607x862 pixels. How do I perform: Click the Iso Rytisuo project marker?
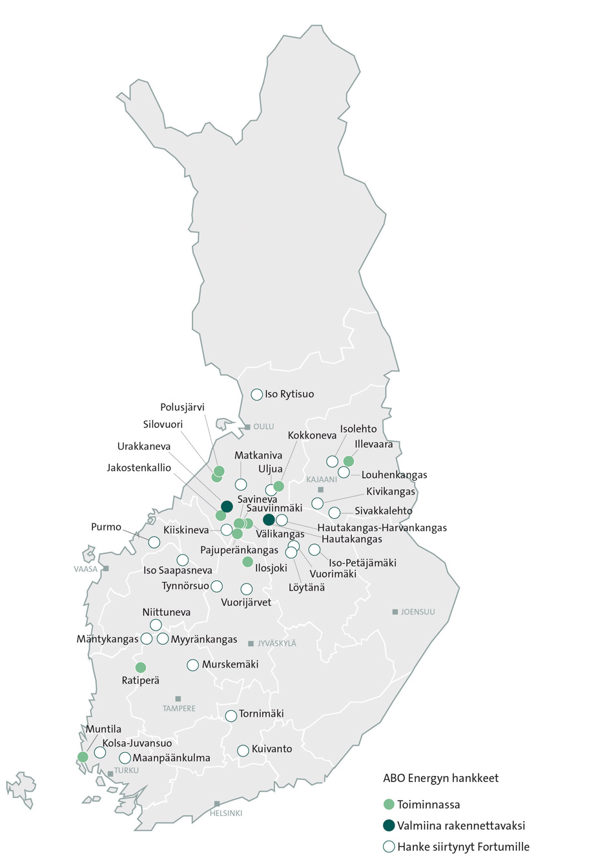point(256,394)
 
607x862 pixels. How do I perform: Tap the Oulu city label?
point(263,427)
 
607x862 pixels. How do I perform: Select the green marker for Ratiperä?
point(141,668)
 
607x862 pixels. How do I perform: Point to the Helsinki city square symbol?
point(217,804)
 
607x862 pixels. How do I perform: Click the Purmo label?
point(106,527)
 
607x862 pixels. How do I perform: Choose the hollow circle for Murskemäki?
point(192,665)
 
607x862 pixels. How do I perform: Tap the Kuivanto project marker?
point(243,750)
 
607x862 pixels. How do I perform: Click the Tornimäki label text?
point(262,714)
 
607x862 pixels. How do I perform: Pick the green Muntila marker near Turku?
point(83,757)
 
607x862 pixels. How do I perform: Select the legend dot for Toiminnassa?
point(389,804)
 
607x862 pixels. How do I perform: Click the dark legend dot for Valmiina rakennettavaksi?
point(389,825)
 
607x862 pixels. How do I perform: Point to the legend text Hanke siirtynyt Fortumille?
point(463,846)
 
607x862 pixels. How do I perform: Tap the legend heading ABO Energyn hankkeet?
point(441,778)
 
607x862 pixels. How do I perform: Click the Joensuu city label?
point(418,612)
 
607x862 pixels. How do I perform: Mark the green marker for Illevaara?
point(349,461)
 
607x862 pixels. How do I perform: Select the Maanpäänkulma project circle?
point(125,758)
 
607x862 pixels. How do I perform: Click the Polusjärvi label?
point(182,408)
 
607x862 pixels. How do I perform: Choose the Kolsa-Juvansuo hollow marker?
point(100,752)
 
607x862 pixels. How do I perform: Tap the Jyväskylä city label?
point(277,644)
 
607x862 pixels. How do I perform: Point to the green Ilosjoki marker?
point(247,562)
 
